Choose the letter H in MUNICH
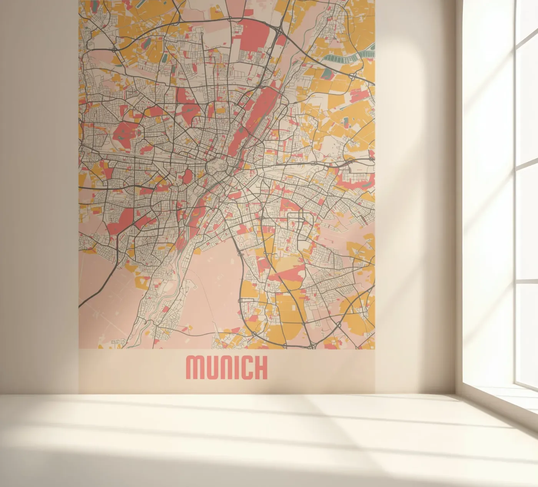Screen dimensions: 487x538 tap(261, 368)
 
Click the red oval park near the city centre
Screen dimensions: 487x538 tap(188, 177)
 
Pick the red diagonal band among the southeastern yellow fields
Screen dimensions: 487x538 tap(286, 274)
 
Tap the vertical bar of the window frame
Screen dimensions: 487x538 tap(515, 192)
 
